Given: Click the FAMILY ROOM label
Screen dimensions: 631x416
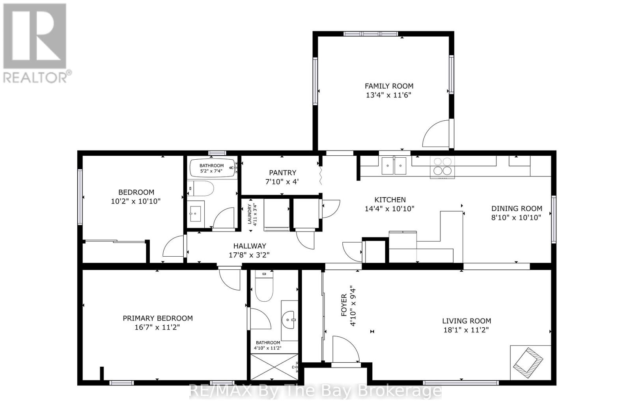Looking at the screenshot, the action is pyautogui.click(x=389, y=86).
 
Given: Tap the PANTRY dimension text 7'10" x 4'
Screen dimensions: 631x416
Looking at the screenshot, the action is pyautogui.click(x=282, y=182).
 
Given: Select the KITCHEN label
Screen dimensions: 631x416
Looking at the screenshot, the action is pyautogui.click(x=390, y=200).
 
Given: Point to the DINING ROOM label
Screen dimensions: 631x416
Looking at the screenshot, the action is pyautogui.click(x=517, y=209).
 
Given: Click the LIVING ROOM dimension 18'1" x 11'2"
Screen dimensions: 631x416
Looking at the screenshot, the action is pyautogui.click(x=466, y=330).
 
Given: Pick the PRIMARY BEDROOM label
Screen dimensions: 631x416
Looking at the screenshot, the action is pyautogui.click(x=158, y=318).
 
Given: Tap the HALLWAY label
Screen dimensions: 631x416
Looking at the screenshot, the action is pyautogui.click(x=250, y=246).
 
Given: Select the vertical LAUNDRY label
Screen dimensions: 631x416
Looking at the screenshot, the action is pyautogui.click(x=249, y=214).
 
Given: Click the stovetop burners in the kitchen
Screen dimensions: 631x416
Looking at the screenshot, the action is pyautogui.click(x=442, y=166).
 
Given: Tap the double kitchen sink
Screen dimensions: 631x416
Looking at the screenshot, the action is pyautogui.click(x=394, y=166).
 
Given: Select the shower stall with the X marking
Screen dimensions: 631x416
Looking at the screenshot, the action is pyautogui.click(x=274, y=367).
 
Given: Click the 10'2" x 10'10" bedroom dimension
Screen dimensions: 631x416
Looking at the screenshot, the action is pyautogui.click(x=136, y=201).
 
